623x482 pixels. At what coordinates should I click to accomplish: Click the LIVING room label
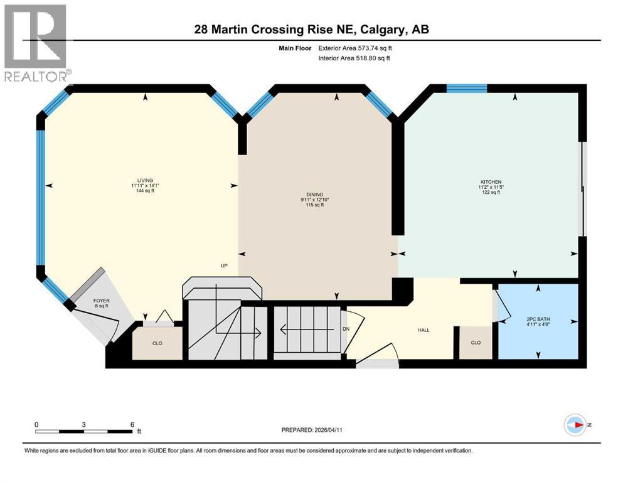[142, 180]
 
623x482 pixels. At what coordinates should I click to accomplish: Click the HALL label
[424, 330]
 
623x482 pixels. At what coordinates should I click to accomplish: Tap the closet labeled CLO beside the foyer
[157, 344]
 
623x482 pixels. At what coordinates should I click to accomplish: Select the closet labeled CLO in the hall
[476, 343]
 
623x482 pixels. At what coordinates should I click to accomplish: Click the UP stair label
[223, 265]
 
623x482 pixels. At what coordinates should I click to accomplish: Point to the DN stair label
[346, 329]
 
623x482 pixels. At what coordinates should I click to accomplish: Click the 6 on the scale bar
[132, 424]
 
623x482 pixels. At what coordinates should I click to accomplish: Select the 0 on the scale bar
[37, 424]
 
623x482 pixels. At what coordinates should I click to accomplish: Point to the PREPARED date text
[323, 430]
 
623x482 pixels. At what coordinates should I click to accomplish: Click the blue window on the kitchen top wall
[467, 88]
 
